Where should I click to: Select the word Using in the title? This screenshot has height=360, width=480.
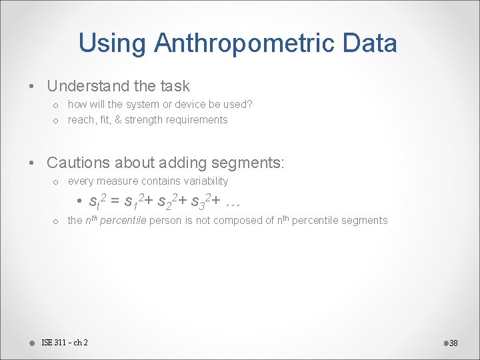tap(113, 43)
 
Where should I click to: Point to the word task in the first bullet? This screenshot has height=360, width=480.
tap(175, 86)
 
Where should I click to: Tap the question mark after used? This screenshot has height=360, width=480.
tap(249, 105)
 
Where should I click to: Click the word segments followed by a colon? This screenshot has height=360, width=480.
tap(252, 162)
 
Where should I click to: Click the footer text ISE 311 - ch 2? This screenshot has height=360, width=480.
tap(64, 343)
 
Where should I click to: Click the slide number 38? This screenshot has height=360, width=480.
tap(453, 343)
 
